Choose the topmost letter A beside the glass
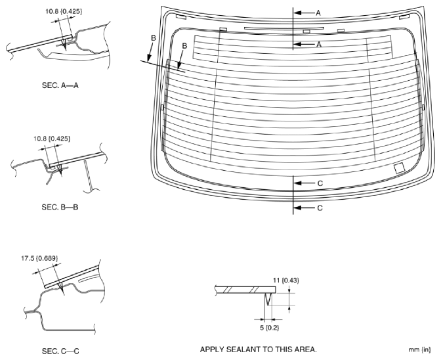pos(318,12)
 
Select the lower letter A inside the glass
pos(318,44)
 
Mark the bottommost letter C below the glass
pos(320,208)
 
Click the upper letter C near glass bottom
pos(320,183)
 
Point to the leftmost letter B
pos(153,39)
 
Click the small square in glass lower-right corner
pos(398,169)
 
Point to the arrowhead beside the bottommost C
pos(297,208)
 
